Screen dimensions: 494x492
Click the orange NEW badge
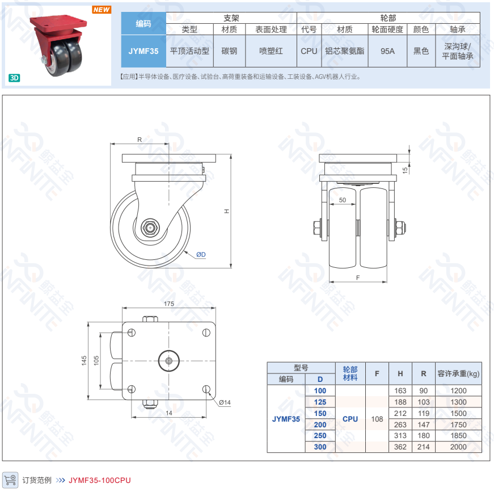pyautogui.click(x=102, y=10)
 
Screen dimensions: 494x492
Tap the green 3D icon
pyautogui.click(x=14, y=78)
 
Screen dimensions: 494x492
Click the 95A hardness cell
pyautogui.click(x=387, y=51)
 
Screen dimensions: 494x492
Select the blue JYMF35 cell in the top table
pyautogui.click(x=143, y=51)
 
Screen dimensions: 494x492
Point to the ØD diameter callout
pyautogui.click(x=201, y=254)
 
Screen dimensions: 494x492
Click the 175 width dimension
pyautogui.click(x=169, y=304)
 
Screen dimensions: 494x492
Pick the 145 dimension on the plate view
pyautogui.click(x=84, y=360)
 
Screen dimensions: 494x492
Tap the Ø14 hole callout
pyautogui.click(x=225, y=402)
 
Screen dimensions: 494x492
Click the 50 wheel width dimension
pyautogui.click(x=343, y=200)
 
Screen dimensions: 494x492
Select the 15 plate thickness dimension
pyautogui.click(x=405, y=170)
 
